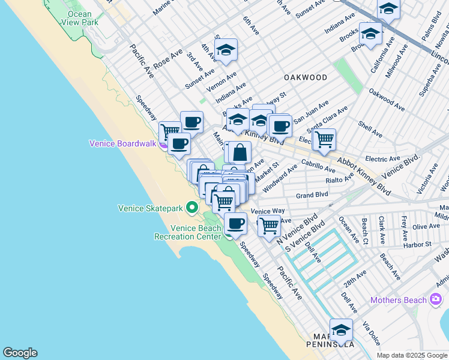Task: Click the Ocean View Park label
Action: [x=80, y=18]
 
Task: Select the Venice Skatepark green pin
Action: [x=192, y=208]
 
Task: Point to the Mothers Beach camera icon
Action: [x=436, y=299]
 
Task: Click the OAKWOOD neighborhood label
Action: [x=306, y=77]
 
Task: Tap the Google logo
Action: [x=20, y=353]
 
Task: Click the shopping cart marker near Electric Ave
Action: [x=324, y=139]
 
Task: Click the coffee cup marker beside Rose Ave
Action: [x=191, y=122]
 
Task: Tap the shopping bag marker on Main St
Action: [x=240, y=152]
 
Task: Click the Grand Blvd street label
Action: [x=312, y=195]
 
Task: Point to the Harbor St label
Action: [x=420, y=244]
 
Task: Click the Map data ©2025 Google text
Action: [x=412, y=355]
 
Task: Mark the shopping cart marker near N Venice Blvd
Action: [x=269, y=226]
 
